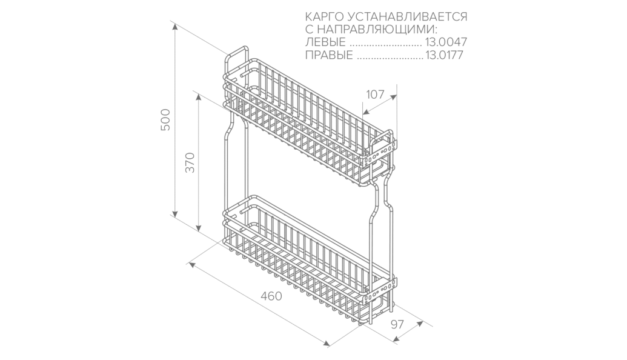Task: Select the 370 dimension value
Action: tap(190, 162)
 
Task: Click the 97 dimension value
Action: tap(397, 324)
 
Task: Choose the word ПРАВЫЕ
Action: tap(329, 56)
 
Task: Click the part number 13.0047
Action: tap(446, 43)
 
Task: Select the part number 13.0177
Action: tap(446, 56)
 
